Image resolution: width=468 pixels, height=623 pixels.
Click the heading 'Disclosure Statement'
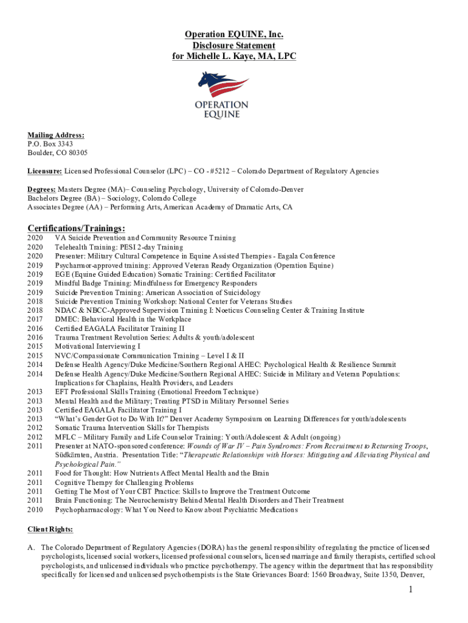(x=234, y=46)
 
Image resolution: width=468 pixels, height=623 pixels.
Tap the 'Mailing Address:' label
(x=56, y=135)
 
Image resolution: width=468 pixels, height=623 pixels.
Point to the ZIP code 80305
(x=76, y=153)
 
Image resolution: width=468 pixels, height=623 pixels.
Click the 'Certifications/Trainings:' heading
(x=77, y=228)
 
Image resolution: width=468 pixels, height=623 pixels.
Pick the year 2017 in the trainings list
(x=36, y=319)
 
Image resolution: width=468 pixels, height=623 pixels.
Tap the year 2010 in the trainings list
(x=36, y=509)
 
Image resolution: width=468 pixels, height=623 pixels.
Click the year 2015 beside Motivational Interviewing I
(x=36, y=346)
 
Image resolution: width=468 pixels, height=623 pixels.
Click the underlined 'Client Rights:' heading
(x=50, y=529)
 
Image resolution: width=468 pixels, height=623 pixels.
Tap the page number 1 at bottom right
(x=411, y=590)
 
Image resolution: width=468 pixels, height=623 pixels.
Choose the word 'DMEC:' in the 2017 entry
(x=67, y=319)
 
